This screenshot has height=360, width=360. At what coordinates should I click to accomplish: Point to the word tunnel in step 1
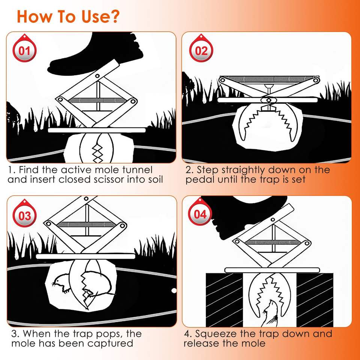(x=138, y=170)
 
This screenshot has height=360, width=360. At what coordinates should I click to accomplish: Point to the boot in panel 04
(x=248, y=216)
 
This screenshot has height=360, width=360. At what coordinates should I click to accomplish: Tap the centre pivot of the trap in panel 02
(x=268, y=100)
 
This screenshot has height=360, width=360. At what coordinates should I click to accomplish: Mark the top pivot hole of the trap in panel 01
(x=97, y=75)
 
